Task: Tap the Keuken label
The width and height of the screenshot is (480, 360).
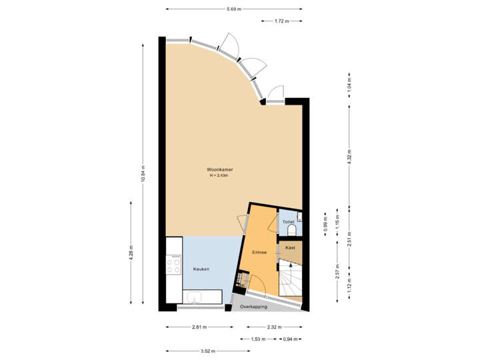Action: coord(201,269)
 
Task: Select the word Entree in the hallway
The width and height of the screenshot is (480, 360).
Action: coord(259,253)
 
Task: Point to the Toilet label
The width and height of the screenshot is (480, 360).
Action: coord(288,221)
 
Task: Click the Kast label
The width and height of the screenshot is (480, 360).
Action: coord(290,247)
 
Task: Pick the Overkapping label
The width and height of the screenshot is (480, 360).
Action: coord(254,307)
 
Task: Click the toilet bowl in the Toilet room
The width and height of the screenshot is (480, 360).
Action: coord(292,231)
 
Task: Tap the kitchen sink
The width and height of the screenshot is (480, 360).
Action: coord(195,297)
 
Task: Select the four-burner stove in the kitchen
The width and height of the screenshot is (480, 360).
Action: coord(174,265)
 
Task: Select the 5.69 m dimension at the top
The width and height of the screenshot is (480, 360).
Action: coord(233,9)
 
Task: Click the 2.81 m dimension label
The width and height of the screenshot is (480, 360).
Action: coord(199,327)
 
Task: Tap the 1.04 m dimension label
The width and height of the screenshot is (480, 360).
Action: coord(349,85)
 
